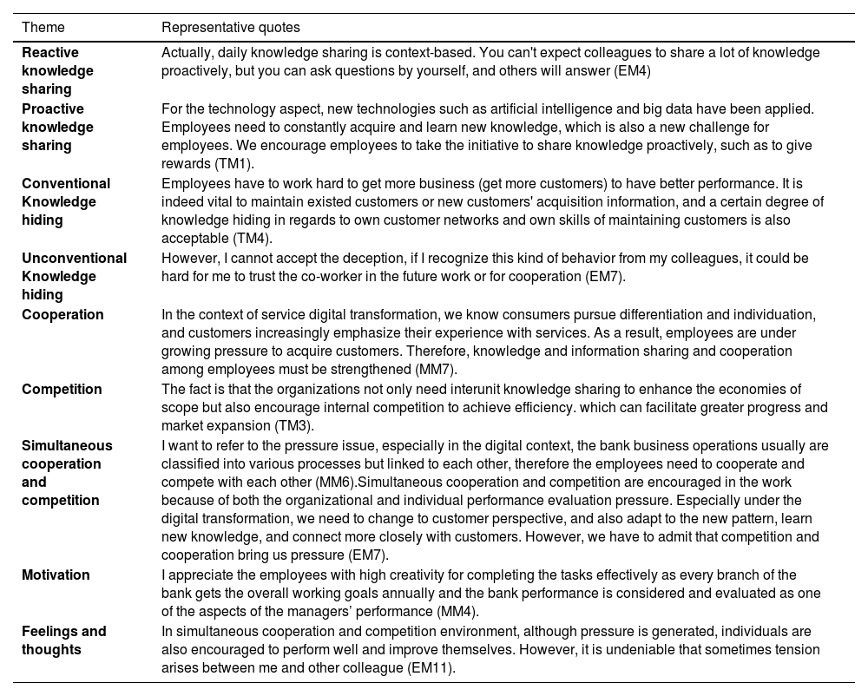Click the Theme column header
pyautogui.click(x=43, y=28)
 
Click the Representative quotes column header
pyautogui.click(x=231, y=28)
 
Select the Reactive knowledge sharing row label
pyautogui.click(x=58, y=70)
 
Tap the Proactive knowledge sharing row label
pyautogui.click(x=58, y=127)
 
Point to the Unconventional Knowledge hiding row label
pyautogui.click(x=74, y=276)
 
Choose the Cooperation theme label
pyautogui.click(x=62, y=314)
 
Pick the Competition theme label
pyautogui.click(x=62, y=389)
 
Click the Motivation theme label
pyautogui.click(x=56, y=575)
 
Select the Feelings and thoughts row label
pyautogui.click(x=64, y=640)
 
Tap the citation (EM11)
pyautogui.click(x=431, y=668)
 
